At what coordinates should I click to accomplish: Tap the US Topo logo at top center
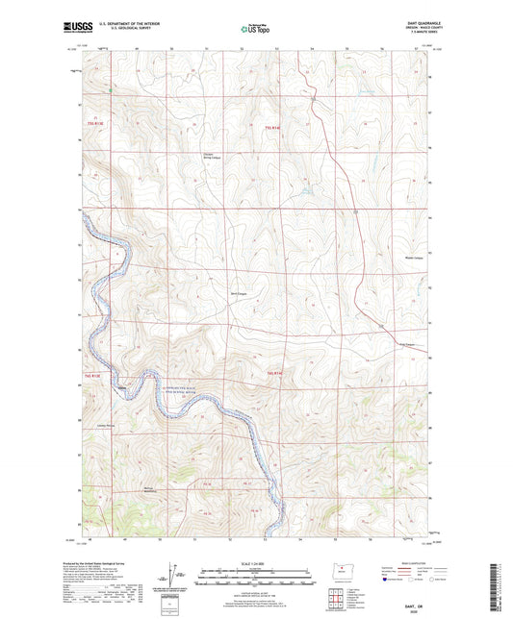(x=254, y=30)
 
